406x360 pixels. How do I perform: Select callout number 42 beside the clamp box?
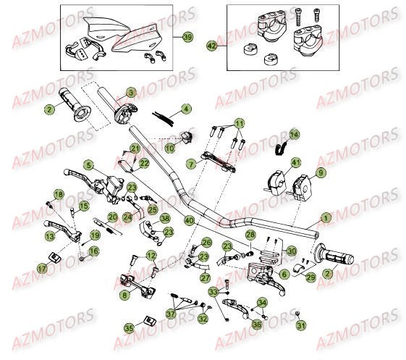pos(211,45)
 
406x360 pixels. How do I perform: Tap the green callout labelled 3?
pos(131,93)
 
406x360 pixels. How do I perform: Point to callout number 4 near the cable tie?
pos(186,109)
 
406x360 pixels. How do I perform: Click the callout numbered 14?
pos(88,165)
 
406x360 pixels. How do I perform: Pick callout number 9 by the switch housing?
pos(190,165)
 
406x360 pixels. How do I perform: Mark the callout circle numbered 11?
pos(239,123)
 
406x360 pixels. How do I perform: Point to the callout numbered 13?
pos(50,235)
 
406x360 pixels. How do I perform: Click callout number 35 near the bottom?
pos(129,328)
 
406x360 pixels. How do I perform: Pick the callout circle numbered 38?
pos(165,218)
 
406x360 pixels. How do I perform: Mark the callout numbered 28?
pos(250,235)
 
